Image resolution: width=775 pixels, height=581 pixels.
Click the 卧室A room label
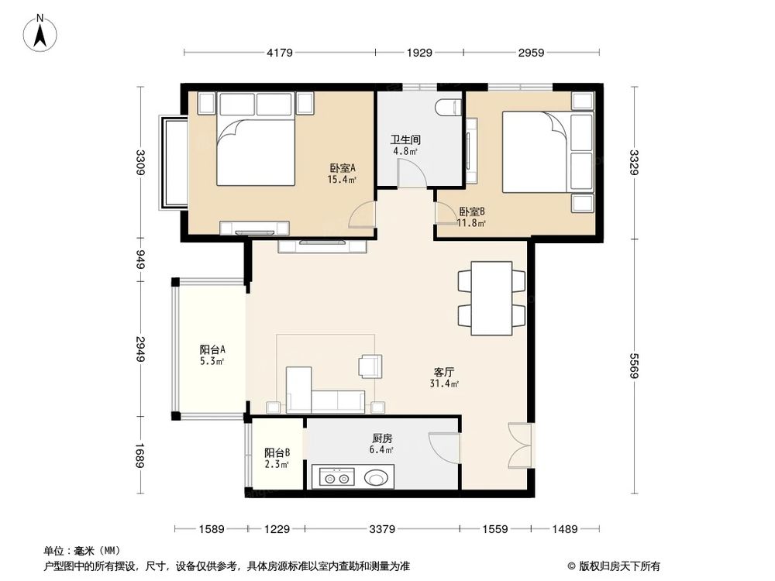342,168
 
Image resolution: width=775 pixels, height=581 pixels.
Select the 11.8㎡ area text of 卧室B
471,224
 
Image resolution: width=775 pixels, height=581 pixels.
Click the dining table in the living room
491,298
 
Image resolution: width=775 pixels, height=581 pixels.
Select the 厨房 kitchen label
381,438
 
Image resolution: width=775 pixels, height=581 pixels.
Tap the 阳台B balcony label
277,453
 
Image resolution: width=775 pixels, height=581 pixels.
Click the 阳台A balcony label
212,349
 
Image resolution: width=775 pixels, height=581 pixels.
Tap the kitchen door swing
443,448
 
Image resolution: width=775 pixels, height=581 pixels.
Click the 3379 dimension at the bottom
382,529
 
